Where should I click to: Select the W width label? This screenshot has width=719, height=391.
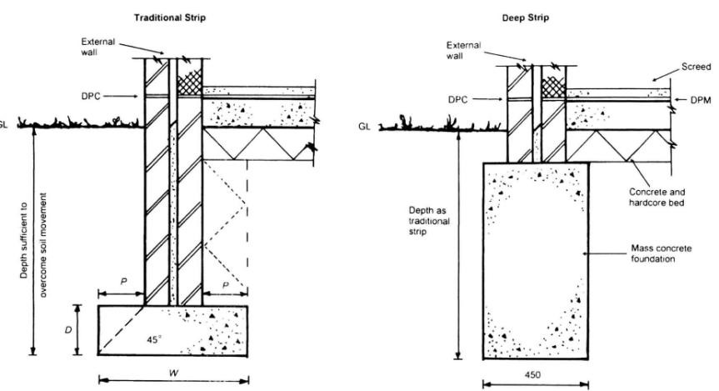tap(172, 370)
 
